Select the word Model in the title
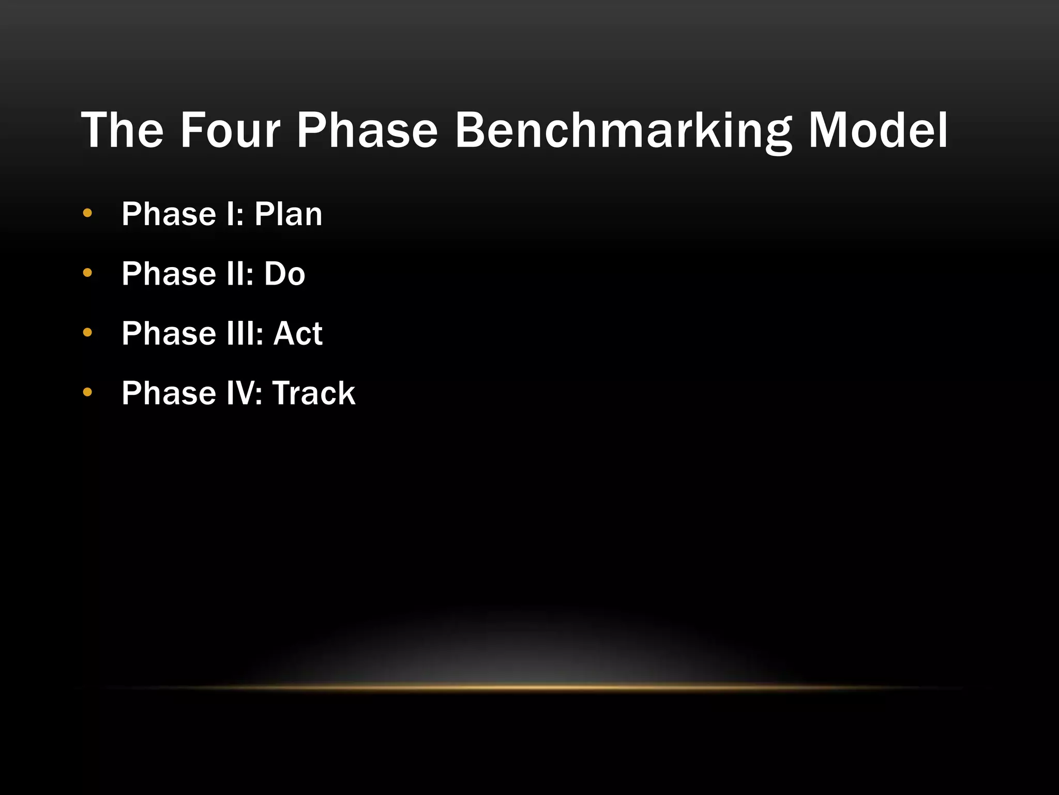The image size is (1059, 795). point(878,130)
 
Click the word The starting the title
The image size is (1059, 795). point(122,130)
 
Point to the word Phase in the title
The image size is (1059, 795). point(367,130)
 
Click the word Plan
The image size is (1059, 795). point(288,214)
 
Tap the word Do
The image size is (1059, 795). point(284,273)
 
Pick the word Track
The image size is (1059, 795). point(313,393)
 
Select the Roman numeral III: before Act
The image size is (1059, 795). point(245,333)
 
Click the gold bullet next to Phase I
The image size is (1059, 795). point(87,213)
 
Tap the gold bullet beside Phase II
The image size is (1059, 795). point(87,273)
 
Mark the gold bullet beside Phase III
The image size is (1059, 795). point(87,332)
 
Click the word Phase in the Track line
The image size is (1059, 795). point(169,393)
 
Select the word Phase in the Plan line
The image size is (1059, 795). point(169,214)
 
